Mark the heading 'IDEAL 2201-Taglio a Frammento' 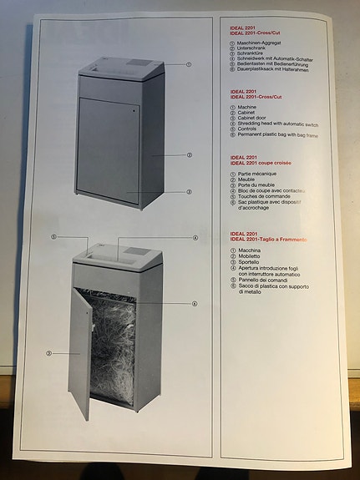[x=269, y=239]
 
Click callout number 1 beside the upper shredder [x=189, y=64]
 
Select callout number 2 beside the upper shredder [x=189, y=154]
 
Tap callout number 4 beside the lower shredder [x=195, y=237]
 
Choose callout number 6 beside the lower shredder [x=195, y=303]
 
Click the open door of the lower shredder [x=82, y=351]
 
